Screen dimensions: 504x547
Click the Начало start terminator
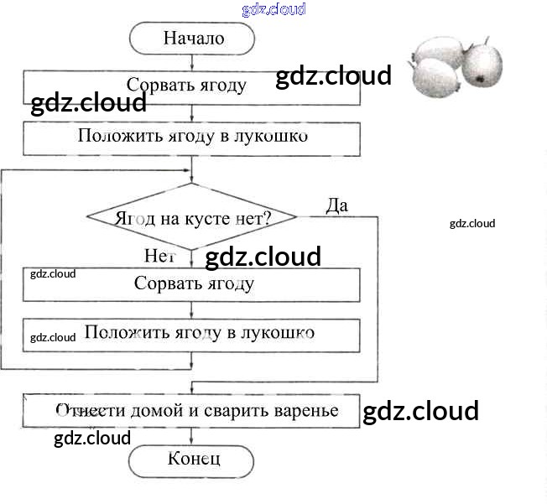pos(193,38)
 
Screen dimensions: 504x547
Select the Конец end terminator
pos(193,459)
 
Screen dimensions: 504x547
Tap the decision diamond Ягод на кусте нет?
pos(193,217)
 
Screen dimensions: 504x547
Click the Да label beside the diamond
pos(336,205)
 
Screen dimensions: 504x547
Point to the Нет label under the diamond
pos(159,255)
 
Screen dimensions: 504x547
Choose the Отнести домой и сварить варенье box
pos(193,410)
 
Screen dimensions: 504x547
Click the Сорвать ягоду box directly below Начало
pos(193,86)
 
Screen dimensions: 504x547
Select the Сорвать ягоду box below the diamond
pos(193,283)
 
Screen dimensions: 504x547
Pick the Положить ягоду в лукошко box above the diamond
pos(193,137)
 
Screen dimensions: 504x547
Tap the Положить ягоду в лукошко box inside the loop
pos(193,334)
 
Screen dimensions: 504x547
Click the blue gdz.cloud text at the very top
pos(273,9)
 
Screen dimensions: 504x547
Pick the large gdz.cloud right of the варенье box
pos(420,411)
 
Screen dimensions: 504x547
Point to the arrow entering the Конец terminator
pos(193,439)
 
